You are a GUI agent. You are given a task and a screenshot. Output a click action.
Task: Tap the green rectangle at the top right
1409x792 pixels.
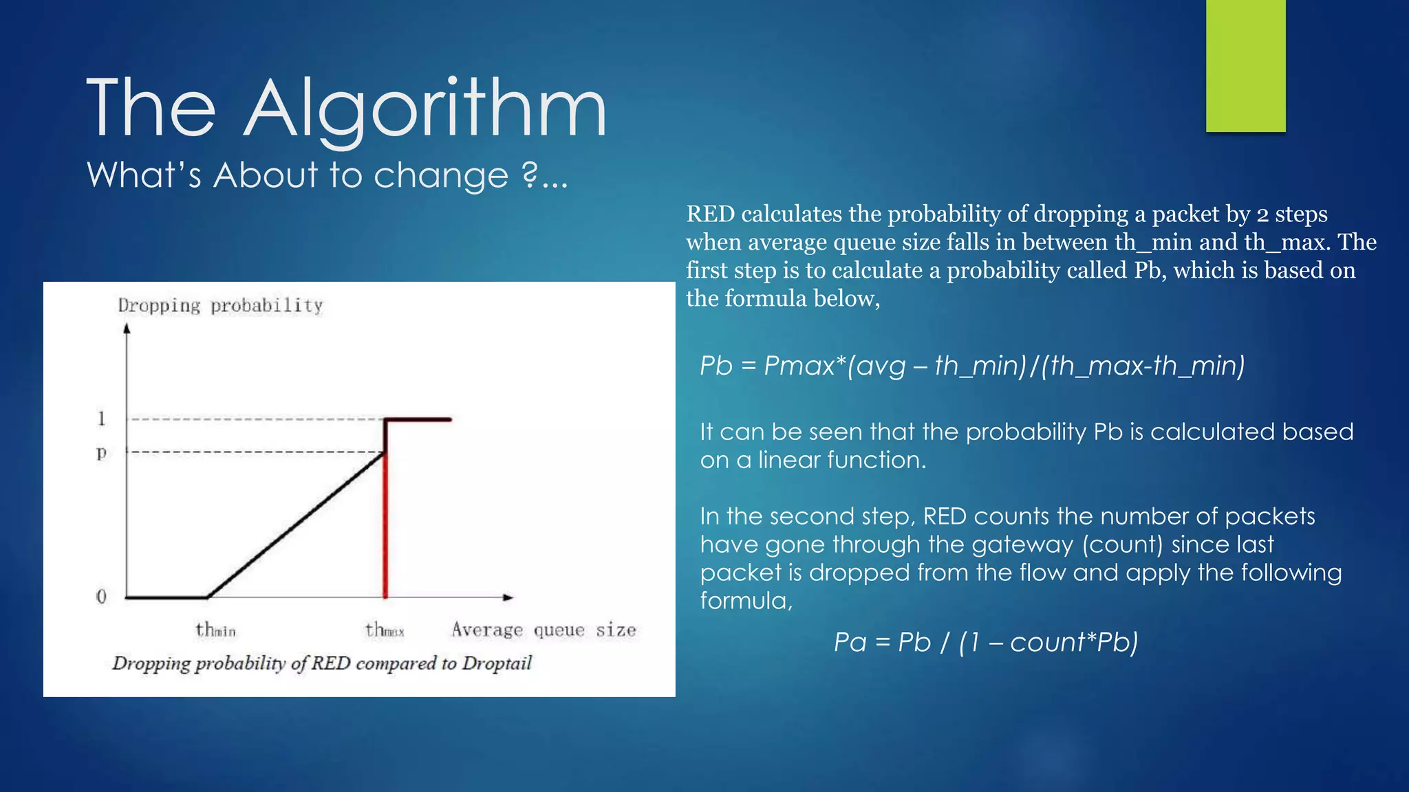pos(1245,65)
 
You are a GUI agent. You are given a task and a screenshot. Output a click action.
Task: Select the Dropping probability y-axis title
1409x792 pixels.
pos(220,306)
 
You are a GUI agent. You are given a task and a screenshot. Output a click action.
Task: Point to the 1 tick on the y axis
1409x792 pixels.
pos(102,418)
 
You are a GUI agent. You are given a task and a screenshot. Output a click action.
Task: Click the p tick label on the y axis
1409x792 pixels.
pos(102,452)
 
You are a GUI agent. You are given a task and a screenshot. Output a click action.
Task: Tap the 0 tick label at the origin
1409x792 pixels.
pos(102,596)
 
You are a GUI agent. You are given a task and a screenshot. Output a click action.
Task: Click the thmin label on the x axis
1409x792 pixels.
pos(215,630)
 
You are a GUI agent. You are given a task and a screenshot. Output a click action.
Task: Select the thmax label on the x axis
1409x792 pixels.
pos(385,630)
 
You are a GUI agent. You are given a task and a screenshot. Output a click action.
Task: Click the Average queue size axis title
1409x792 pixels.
pos(544,630)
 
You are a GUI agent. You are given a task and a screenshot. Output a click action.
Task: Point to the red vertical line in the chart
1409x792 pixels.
pos(385,529)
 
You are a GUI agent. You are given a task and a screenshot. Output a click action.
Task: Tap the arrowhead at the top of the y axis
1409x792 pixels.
pos(127,329)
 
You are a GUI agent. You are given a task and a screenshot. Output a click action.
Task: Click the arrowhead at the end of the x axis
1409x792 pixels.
pos(508,597)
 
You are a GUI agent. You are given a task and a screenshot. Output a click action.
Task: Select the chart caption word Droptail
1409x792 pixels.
pos(497,663)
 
